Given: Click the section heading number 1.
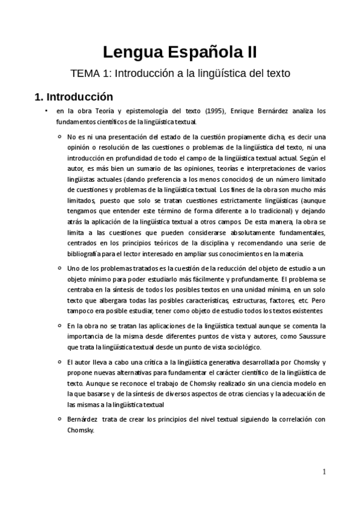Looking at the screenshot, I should coord(38,96).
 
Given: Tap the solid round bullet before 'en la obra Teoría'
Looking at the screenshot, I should coord(46,111).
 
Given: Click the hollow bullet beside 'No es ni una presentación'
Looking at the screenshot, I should coord(59,137).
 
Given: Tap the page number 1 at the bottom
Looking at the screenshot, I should coord(323,472).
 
